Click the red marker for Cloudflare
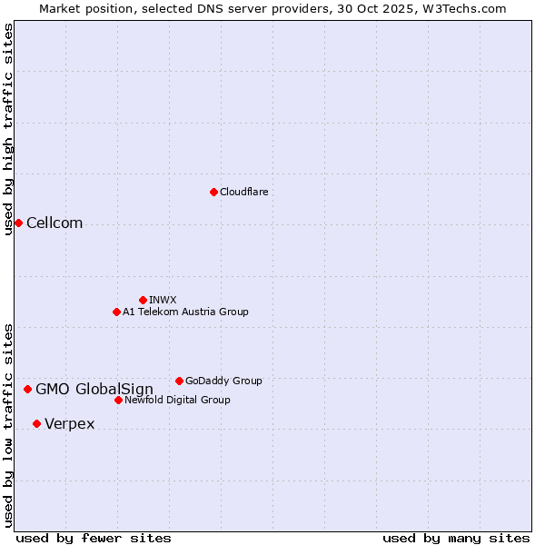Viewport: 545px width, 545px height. tap(213, 192)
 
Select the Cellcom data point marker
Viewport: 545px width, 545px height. tap(18, 223)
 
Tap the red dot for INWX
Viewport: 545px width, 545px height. tap(143, 300)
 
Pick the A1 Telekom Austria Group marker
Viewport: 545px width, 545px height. tap(116, 312)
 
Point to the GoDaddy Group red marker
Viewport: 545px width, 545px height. tap(179, 381)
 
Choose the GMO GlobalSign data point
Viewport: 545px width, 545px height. tap(27, 389)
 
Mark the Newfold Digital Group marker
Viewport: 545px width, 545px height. tap(118, 400)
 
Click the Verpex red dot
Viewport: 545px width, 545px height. tap(36, 423)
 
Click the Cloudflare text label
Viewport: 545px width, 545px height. tap(243, 192)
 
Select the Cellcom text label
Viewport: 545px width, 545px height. tap(54, 223)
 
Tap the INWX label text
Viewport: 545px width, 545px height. tap(163, 300)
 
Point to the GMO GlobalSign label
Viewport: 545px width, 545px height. tap(94, 390)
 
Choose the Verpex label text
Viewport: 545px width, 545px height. tap(69, 424)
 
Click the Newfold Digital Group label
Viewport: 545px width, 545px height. tap(177, 400)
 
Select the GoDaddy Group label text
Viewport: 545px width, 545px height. tap(223, 381)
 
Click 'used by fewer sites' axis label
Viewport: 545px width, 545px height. tap(94, 538)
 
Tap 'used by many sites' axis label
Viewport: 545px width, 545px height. tap(456, 538)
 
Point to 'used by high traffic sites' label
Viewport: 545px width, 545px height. tap(9, 129)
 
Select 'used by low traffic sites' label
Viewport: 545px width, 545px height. tap(9, 424)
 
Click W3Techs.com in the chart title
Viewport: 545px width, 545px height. tap(461, 8)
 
